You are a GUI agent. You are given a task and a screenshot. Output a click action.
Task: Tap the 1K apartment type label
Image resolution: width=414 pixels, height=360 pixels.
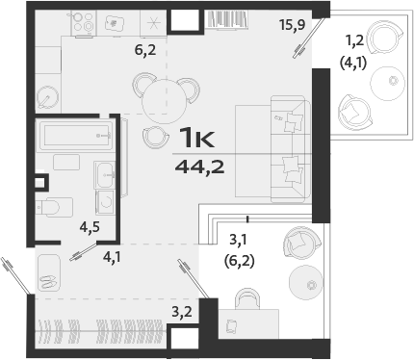(x=197, y=137)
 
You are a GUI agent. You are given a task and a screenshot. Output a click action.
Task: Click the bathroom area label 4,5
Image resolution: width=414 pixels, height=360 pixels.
(x=90, y=228)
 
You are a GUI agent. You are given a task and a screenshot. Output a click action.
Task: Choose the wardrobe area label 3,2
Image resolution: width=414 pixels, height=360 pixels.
(x=182, y=312)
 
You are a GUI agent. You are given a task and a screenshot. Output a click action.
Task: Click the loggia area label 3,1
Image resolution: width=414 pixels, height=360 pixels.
(x=240, y=240)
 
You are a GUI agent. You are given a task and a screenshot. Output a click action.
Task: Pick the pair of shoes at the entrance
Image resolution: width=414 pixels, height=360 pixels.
(x=46, y=278)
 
